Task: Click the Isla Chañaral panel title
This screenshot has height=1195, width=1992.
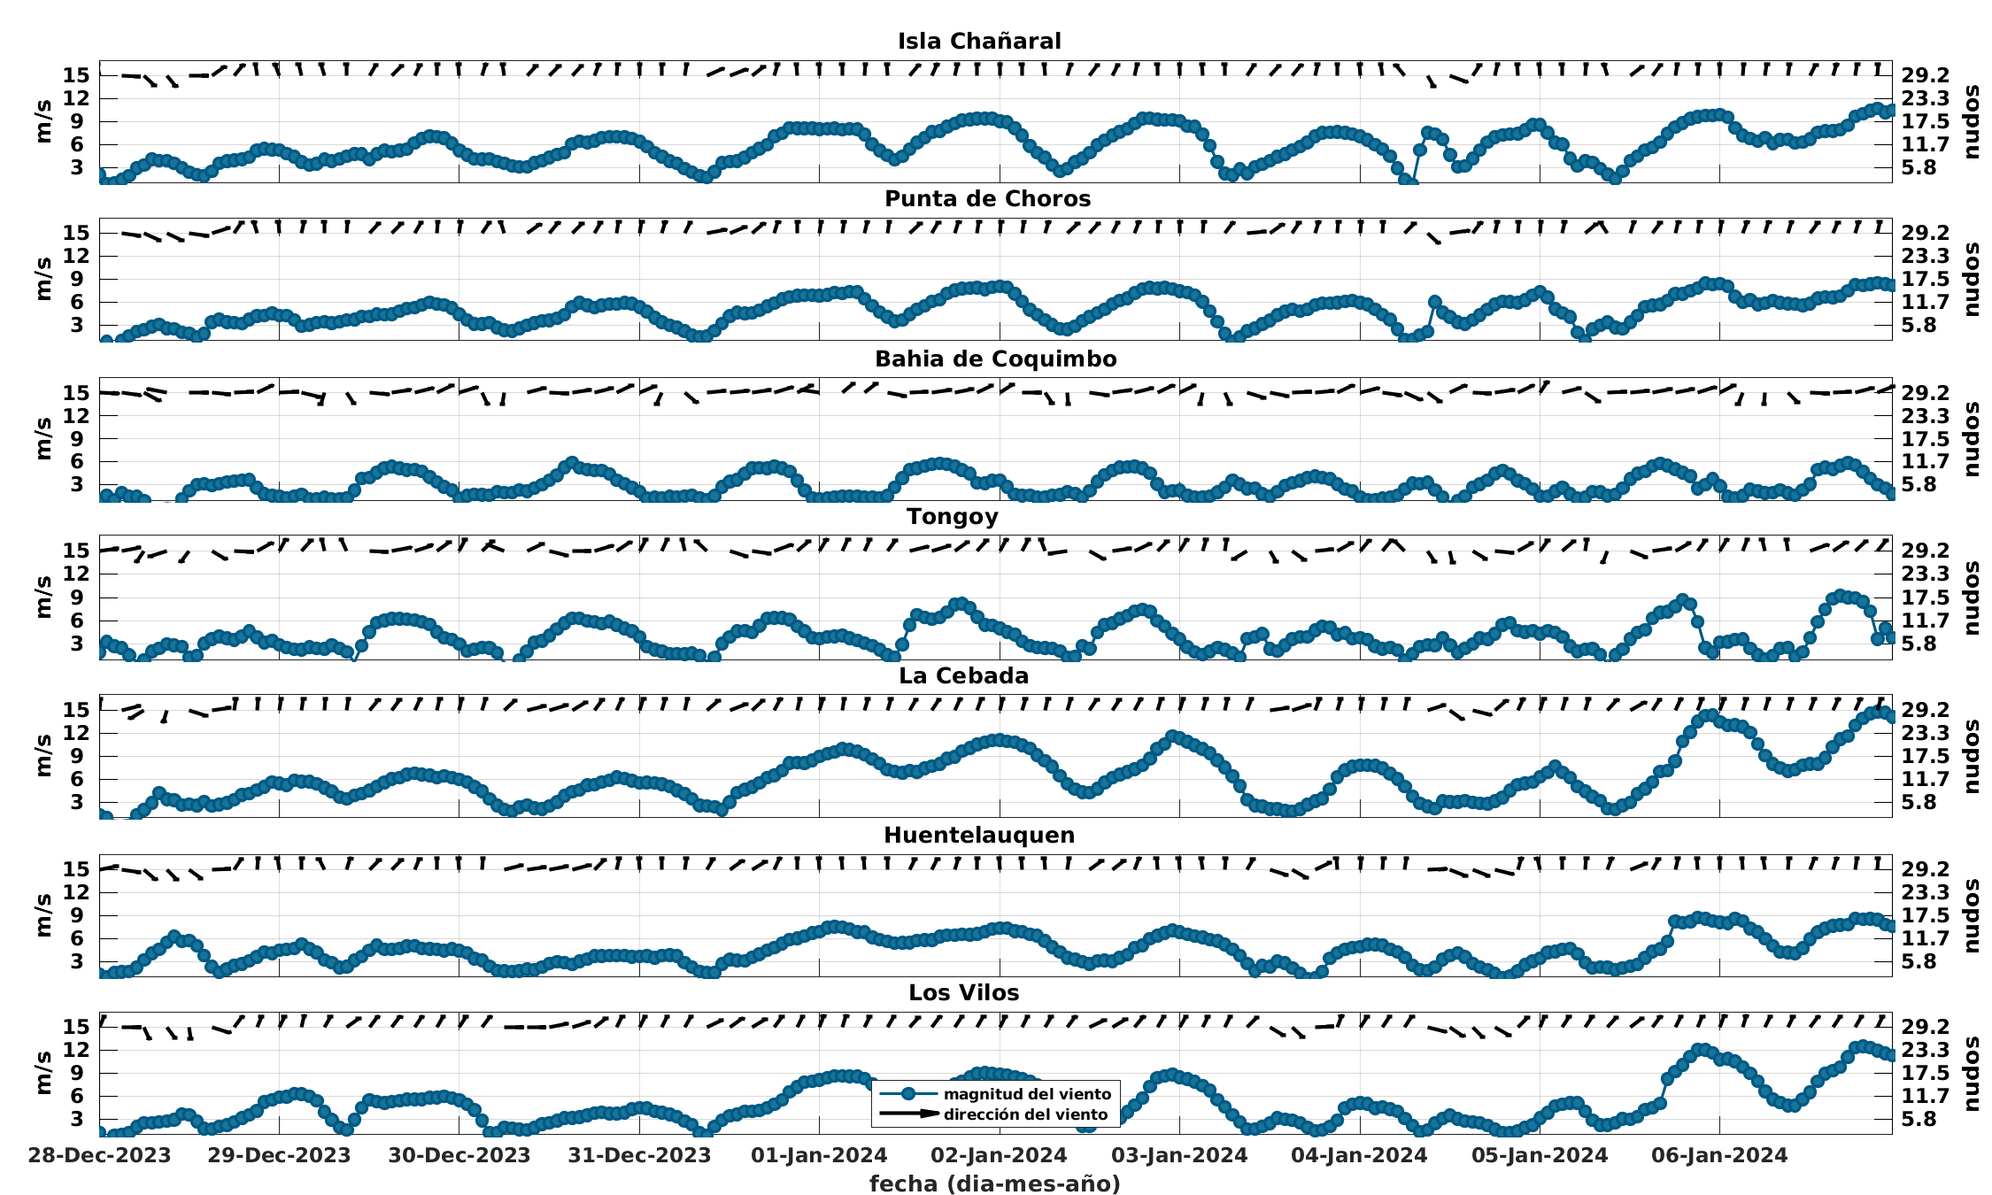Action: click(x=979, y=42)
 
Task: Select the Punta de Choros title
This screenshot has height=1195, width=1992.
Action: click(x=987, y=199)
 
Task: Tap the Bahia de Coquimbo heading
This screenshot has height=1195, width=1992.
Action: click(x=995, y=358)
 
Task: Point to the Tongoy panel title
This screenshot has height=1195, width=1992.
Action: click(x=952, y=517)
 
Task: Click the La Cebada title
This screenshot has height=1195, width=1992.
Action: click(x=963, y=675)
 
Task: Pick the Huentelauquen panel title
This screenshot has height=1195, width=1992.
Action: click(x=979, y=835)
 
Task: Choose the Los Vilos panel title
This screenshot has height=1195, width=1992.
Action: click(x=963, y=992)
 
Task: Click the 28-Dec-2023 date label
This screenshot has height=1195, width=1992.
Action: click(x=99, y=1155)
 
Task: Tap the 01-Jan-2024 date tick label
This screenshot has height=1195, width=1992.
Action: click(x=819, y=1155)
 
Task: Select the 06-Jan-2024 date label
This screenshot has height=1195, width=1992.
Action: click(x=1719, y=1155)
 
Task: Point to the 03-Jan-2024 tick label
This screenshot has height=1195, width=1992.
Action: click(x=1179, y=1155)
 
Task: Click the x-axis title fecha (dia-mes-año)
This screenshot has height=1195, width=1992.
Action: click(x=995, y=1183)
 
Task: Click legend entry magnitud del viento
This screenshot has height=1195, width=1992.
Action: click(x=1027, y=1094)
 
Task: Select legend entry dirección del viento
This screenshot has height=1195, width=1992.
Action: click(x=1025, y=1114)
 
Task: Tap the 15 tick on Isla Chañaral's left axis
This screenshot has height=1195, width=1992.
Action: click(x=76, y=75)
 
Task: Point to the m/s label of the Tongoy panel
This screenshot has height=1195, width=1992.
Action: click(x=43, y=597)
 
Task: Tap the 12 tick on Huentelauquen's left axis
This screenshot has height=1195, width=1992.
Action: click(x=76, y=891)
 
